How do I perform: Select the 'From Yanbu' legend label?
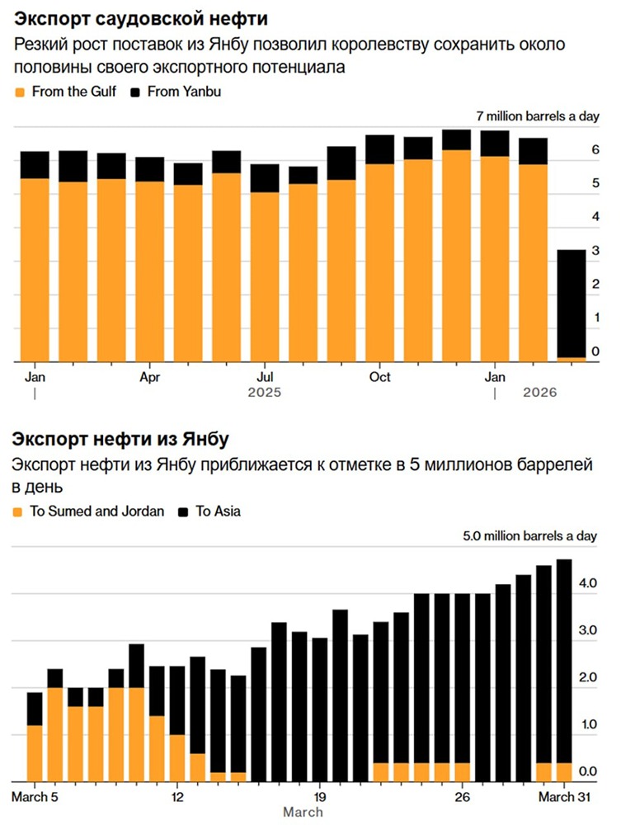[183, 92]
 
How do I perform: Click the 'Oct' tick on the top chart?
[379, 377]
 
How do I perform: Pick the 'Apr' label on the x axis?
[149, 377]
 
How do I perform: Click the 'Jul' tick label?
[264, 377]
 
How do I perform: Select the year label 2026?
[540, 394]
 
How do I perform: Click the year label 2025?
[264, 394]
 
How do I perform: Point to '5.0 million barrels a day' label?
[529, 535]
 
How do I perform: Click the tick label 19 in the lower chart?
[321, 797]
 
